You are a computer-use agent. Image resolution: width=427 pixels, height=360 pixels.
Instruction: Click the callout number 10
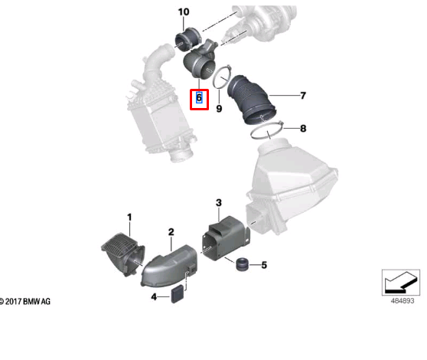pyautogui.click(x=183, y=12)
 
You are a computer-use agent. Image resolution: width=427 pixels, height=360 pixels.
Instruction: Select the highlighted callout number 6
pyautogui.click(x=199, y=97)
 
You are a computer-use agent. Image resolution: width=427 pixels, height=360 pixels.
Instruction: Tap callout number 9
pyautogui.click(x=218, y=110)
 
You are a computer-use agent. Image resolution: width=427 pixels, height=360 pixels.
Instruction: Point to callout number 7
pyautogui.click(x=303, y=96)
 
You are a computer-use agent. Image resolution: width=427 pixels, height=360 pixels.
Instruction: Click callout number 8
pyautogui.click(x=303, y=129)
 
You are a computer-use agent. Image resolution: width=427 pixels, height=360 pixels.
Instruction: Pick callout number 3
pyautogui.click(x=218, y=202)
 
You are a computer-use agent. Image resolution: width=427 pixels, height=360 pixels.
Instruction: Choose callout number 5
pyautogui.click(x=264, y=266)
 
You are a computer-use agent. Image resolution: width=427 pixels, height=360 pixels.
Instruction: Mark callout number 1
pyautogui.click(x=129, y=218)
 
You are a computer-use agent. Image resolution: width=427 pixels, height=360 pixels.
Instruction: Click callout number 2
pyautogui.click(x=171, y=231)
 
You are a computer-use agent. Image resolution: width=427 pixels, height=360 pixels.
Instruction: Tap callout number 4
pyautogui.click(x=153, y=296)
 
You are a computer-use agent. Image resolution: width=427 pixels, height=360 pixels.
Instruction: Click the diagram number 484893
pyautogui.click(x=398, y=301)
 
